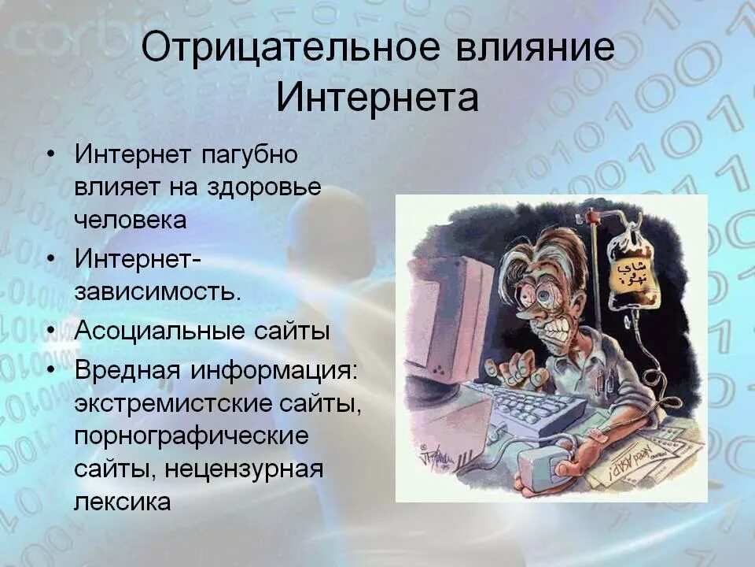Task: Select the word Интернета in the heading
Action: pyautogui.click(x=377, y=98)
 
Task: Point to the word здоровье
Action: pyautogui.click(x=263, y=187)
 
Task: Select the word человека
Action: pyautogui.click(x=131, y=219)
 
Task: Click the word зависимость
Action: pyautogui.click(x=157, y=291)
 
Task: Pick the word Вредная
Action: pyautogui.click(x=123, y=370)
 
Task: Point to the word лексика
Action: pyautogui.click(x=123, y=502)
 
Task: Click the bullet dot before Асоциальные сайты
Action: pyautogui.click(x=50, y=331)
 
